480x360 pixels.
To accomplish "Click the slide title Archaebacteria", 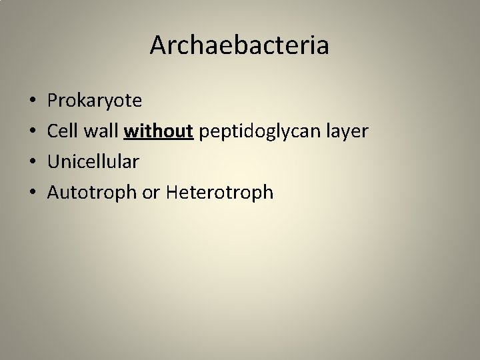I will [239, 45].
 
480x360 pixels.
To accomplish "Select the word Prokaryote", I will [94, 101].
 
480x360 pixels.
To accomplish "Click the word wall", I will [99, 131].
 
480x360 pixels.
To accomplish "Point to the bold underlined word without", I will [159, 131].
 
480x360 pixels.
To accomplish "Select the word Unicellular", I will [93, 162].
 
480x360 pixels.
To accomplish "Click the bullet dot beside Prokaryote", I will [33, 101].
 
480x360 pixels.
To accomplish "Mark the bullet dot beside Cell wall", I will [33, 132].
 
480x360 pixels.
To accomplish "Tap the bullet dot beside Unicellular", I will [33, 163].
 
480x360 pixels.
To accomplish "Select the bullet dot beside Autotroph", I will [33, 193].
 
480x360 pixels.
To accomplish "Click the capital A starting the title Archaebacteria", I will [158, 45].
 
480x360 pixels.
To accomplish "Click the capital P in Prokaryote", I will [53, 101].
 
